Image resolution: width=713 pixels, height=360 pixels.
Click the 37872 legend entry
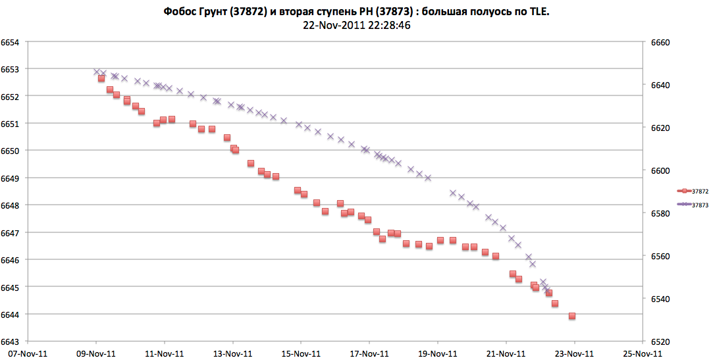699,191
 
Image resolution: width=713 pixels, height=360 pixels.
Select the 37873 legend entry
699,205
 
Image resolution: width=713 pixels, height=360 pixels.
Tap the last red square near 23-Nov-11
572,316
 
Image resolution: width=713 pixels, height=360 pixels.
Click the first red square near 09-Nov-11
101,78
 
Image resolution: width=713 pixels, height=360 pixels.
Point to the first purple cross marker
96,72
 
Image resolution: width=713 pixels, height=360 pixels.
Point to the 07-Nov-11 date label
28,353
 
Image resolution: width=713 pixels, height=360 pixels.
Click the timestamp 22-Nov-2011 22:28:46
357,26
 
